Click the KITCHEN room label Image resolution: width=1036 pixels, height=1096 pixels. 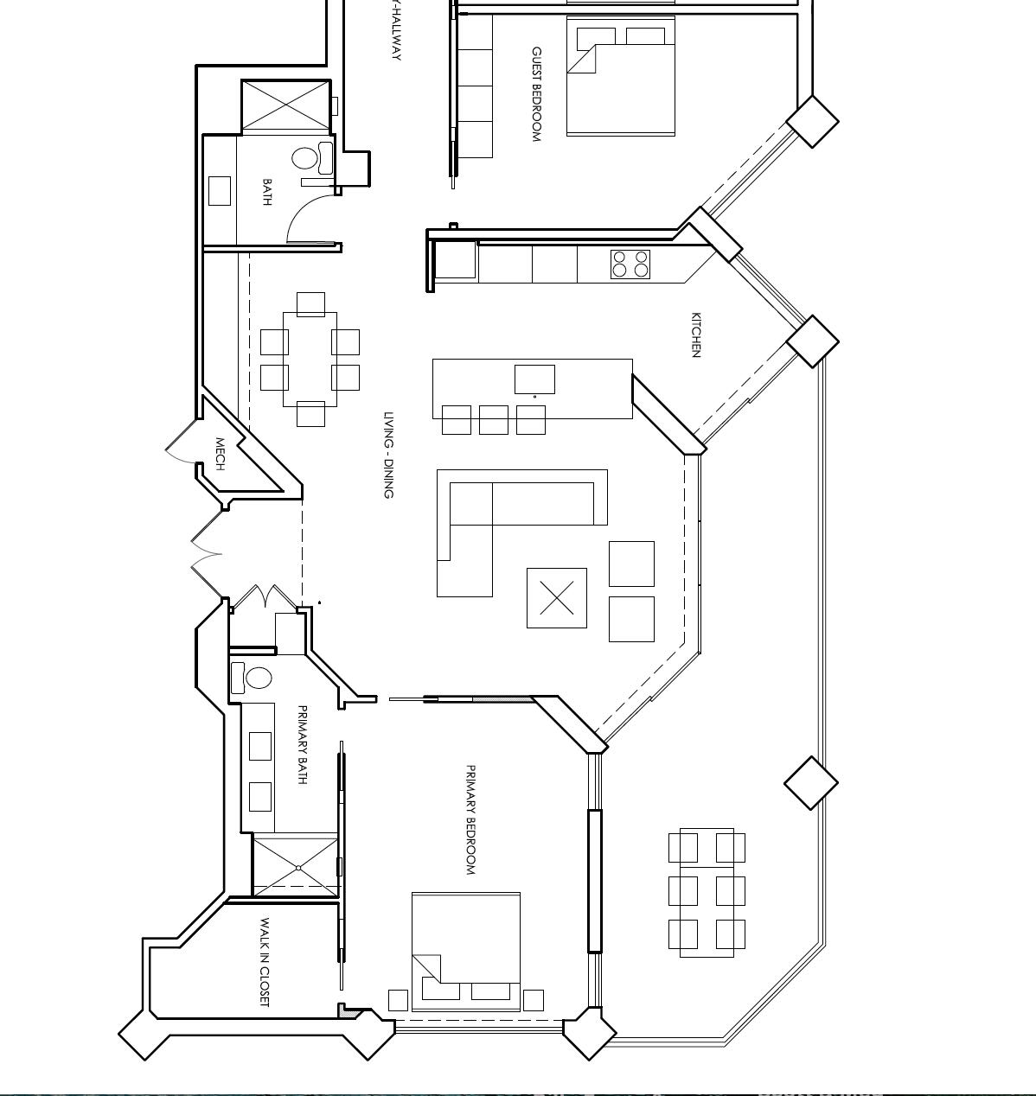pos(696,335)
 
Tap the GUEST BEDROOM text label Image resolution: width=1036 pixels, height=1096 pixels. pos(536,94)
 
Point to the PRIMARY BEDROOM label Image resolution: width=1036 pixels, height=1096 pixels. pos(471,819)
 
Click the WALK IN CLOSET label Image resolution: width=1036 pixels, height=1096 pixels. pos(265,962)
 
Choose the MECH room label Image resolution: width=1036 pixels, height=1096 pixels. pos(220,454)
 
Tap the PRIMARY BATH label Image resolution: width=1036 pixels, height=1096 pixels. pos(302,744)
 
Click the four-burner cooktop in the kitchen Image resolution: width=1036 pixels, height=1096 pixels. pos(630,264)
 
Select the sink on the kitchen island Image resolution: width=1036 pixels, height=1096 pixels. pos(534,379)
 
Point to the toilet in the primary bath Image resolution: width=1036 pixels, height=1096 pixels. pos(258,678)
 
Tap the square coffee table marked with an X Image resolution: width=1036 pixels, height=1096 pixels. pos(557,597)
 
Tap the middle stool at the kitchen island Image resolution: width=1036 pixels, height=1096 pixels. pos(494,420)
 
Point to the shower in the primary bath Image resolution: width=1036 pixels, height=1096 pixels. pos(297,865)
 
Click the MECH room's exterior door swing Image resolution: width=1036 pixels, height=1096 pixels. pos(182,443)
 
